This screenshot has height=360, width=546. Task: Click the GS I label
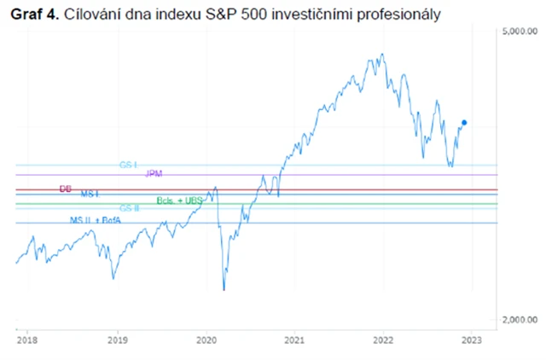point(128,163)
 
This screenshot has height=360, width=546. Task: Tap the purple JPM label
point(154,173)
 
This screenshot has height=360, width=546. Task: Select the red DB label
point(66,189)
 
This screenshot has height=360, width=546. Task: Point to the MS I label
point(90,195)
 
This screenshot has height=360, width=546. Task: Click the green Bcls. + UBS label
point(180,200)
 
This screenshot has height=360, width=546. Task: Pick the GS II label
point(129,207)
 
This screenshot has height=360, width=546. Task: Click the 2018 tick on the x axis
point(26,339)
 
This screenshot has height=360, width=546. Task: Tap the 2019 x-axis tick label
point(118,339)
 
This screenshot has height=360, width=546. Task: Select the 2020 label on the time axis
point(207,339)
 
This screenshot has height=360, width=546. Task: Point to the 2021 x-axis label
point(294,339)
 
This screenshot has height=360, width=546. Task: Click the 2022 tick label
point(383,339)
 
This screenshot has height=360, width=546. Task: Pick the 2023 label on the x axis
point(472,339)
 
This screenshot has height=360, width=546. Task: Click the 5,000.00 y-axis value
point(520,32)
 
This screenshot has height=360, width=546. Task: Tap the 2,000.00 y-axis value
point(520,319)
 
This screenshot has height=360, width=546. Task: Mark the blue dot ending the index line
point(463,123)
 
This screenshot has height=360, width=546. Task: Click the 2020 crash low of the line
point(224,290)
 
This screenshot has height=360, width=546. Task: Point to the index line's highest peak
point(380,55)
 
